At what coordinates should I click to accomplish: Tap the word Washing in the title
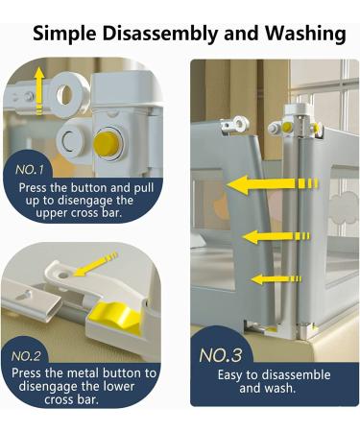(305, 34)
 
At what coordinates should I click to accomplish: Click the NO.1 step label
(29, 170)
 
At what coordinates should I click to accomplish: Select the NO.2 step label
(26, 356)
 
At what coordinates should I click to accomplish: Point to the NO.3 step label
(221, 355)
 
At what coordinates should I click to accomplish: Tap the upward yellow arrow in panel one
(39, 90)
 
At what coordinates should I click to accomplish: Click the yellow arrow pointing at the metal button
(95, 264)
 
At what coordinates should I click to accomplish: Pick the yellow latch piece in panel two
(115, 316)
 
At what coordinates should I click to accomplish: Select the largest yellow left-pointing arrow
(273, 184)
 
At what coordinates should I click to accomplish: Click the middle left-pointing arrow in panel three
(276, 237)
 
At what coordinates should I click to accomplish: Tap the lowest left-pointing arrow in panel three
(276, 279)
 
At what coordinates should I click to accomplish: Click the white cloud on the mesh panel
(344, 207)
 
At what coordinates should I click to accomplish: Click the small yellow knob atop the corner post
(287, 128)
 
